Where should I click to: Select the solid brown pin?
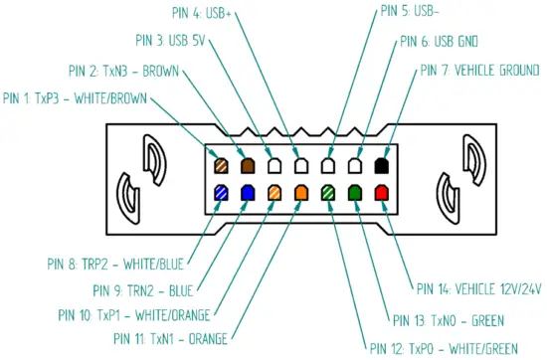click(247, 165)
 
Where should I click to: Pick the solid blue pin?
click(247, 192)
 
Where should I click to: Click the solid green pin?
click(355, 192)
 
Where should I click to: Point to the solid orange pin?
click(301, 192)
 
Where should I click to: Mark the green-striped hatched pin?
click(328, 192)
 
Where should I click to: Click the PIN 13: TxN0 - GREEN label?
click(448, 320)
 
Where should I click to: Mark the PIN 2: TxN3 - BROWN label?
click(124, 71)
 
